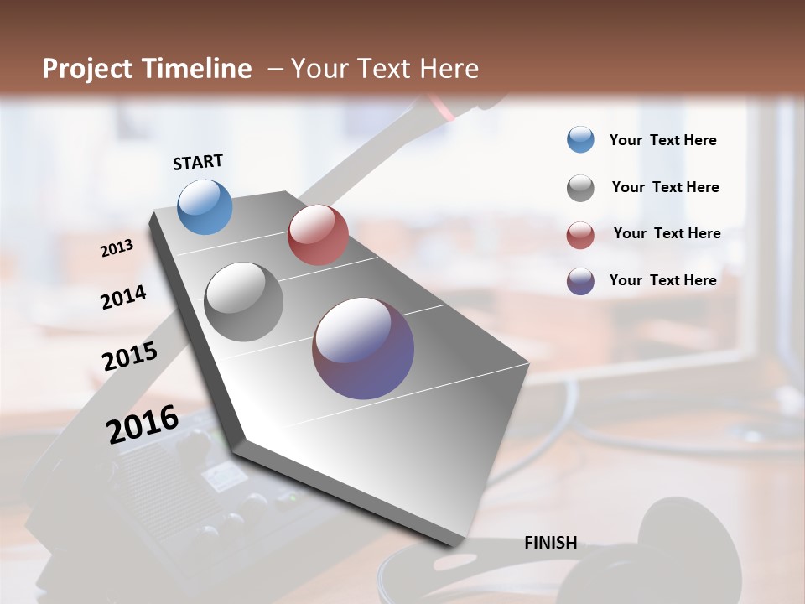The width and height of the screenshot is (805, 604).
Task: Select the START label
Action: pos(198,162)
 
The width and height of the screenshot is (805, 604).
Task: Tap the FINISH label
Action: pos(550,543)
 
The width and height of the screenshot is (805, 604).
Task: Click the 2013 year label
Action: pos(117,248)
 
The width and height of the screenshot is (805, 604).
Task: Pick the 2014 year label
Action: pos(123,297)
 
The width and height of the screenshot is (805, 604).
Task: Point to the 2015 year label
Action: pos(130,357)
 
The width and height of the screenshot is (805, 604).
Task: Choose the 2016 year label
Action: pos(143,424)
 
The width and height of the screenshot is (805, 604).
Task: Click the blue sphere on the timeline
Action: pos(205,206)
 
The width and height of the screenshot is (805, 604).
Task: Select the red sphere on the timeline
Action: pos(318,235)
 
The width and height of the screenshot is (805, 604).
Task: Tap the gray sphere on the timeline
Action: pos(244,302)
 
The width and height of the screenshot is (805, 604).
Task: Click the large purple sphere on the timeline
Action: pos(363,348)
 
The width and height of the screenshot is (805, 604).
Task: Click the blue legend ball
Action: pos(580,139)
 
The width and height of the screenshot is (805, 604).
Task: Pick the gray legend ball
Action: pos(580,188)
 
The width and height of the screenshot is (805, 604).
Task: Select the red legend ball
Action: pos(580,235)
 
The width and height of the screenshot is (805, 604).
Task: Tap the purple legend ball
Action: pos(580,281)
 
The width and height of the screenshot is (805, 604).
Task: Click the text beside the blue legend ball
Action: pos(662,141)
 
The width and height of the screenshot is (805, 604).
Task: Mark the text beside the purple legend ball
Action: pos(662,280)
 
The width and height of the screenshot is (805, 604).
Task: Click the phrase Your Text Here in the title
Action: pos(385,69)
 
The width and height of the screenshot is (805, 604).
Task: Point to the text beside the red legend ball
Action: pos(667,233)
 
